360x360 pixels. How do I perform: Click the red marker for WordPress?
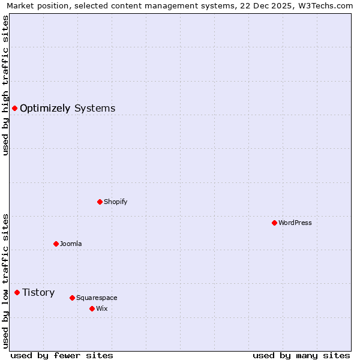pos(274,223)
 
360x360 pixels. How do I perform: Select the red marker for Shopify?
pos(100,202)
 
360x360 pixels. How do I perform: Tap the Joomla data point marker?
pos(56,244)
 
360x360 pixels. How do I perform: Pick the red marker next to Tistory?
pos(17,292)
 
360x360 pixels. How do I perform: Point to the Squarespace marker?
pos(72,298)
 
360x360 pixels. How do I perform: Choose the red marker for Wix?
pos(92,308)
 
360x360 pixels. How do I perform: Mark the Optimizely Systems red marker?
pos(14,108)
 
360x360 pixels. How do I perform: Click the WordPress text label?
pos(295,223)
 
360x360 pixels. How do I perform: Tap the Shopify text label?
pos(116,202)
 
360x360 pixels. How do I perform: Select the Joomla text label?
pos(71,244)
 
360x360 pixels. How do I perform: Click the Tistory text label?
pos(38,292)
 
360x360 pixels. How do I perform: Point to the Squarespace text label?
pos(97,298)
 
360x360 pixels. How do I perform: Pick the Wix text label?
pos(102,308)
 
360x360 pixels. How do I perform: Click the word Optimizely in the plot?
pos(45,109)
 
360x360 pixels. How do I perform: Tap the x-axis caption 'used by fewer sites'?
pos(62,355)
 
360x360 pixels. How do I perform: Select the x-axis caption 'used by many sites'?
pos(301,355)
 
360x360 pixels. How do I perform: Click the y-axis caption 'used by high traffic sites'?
pos(5,85)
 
